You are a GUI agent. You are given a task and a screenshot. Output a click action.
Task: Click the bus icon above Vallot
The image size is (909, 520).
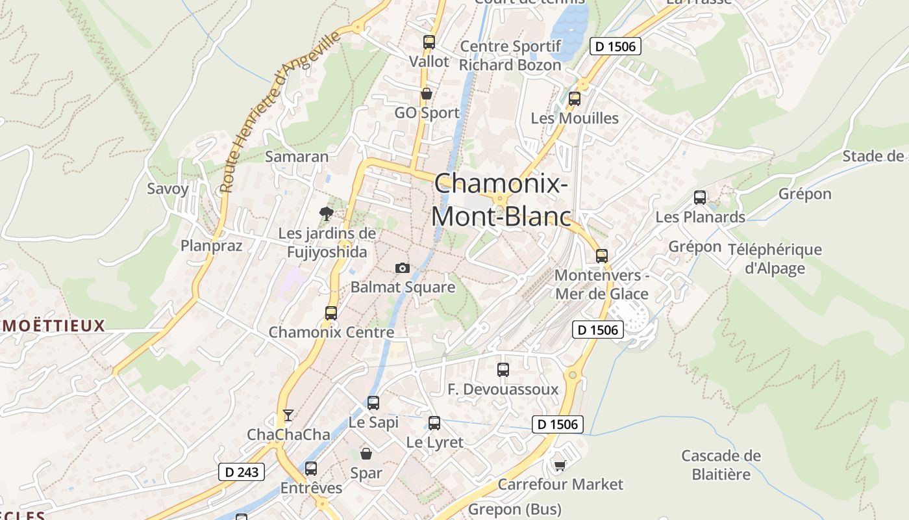click(x=429, y=42)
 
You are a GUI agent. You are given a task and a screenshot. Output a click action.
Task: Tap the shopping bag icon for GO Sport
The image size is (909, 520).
click(x=427, y=94)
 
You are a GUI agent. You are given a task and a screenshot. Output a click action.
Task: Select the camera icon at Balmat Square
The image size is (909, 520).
click(x=403, y=268)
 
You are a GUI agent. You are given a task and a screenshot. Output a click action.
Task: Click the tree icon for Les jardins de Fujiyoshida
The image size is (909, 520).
click(x=326, y=213)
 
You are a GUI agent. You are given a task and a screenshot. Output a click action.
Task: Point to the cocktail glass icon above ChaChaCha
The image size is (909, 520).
click(x=288, y=415)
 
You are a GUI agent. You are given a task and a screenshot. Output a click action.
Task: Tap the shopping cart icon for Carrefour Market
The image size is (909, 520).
click(x=560, y=465)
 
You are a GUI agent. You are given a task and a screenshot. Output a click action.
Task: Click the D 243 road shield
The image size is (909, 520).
click(x=241, y=472)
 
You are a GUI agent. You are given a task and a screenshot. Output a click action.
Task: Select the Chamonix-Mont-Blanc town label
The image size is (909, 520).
click(x=501, y=200)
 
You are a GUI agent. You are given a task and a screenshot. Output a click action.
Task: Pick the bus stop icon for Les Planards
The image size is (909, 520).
click(x=699, y=197)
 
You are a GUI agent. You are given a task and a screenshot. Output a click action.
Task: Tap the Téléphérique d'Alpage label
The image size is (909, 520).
click(x=775, y=259)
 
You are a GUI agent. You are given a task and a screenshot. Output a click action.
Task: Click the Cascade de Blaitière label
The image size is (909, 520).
click(x=721, y=465)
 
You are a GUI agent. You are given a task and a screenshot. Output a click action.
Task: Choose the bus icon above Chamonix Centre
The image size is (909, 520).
click(x=331, y=313)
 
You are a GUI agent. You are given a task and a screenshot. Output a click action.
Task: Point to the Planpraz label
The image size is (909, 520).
click(x=211, y=246)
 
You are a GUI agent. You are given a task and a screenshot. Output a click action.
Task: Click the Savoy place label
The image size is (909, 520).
click(x=168, y=189)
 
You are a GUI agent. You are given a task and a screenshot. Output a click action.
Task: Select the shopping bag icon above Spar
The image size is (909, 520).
click(x=366, y=453)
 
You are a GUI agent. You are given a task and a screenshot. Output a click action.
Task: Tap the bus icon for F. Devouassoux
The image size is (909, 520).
click(x=503, y=369)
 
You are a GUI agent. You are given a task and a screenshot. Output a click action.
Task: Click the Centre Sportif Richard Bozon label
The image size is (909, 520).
click(x=510, y=55)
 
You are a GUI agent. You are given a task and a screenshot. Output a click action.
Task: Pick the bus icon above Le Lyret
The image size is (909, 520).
click(x=434, y=423)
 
